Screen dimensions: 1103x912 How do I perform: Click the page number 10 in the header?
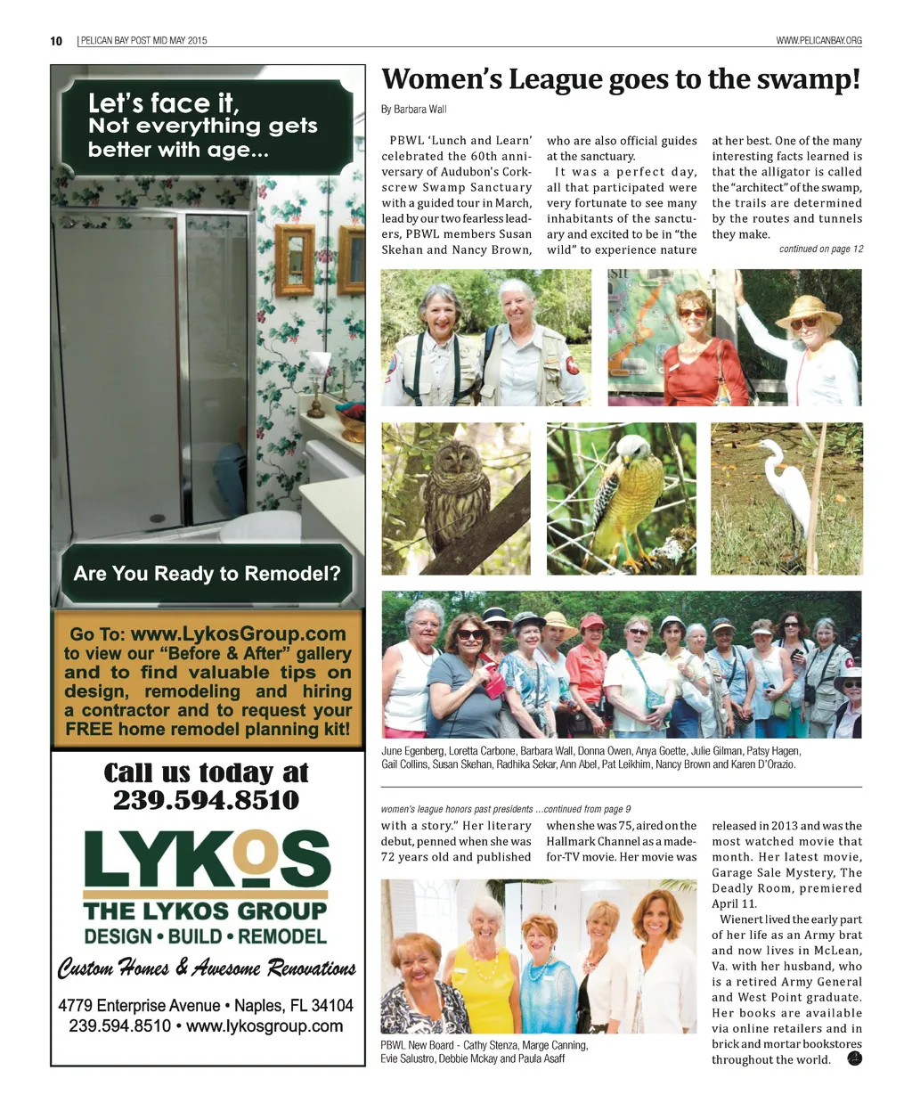(56, 41)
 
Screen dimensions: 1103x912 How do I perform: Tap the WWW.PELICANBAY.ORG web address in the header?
(818, 41)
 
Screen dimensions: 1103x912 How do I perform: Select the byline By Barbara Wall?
(413, 110)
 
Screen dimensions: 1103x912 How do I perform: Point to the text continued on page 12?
(820, 249)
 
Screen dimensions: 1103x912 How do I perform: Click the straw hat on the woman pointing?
(809, 311)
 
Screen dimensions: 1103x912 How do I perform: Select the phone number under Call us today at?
(206, 800)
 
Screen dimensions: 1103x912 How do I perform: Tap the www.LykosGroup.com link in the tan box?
(238, 634)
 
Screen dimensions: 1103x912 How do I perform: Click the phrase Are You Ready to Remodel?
(207, 574)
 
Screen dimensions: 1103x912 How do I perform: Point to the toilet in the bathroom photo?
(258, 526)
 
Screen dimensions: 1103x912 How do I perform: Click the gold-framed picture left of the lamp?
(293, 260)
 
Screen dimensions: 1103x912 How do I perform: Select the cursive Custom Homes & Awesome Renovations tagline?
(206, 968)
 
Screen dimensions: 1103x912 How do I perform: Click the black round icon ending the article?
(854, 1058)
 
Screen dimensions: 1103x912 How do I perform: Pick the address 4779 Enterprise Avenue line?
(206, 1006)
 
